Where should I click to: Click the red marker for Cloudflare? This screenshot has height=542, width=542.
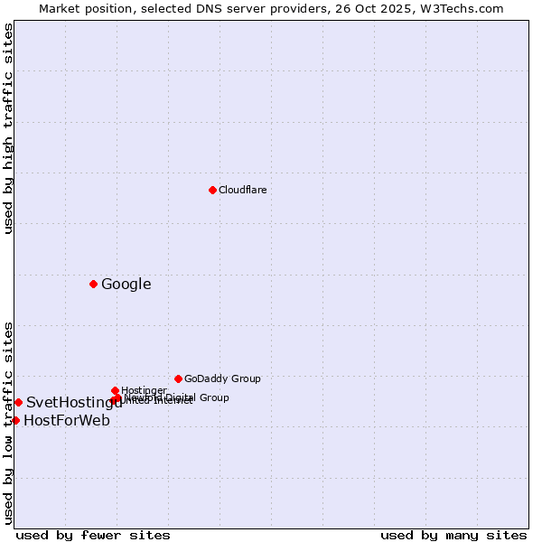click(212, 190)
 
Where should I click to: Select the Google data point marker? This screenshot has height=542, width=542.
click(93, 284)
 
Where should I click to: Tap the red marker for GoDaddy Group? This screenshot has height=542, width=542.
click(178, 378)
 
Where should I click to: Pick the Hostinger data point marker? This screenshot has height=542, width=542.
click(116, 390)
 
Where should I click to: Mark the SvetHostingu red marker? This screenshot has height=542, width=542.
click(18, 402)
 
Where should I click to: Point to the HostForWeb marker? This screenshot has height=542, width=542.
click(15, 420)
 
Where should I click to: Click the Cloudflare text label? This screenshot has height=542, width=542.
click(242, 190)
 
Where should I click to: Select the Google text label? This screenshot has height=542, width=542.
click(126, 285)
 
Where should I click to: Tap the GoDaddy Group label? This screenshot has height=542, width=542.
click(222, 379)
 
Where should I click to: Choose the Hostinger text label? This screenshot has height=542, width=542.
click(144, 390)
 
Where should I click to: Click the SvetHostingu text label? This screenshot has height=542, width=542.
click(74, 403)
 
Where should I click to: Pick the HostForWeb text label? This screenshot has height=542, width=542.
click(67, 421)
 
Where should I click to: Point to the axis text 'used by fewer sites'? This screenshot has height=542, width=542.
click(93, 535)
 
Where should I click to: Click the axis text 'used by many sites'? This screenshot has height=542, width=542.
click(453, 535)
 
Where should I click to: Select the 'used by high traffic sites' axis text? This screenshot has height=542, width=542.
click(9, 128)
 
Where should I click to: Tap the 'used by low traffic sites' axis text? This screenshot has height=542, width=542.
click(9, 422)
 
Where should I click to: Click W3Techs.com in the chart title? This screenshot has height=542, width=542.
click(466, 8)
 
